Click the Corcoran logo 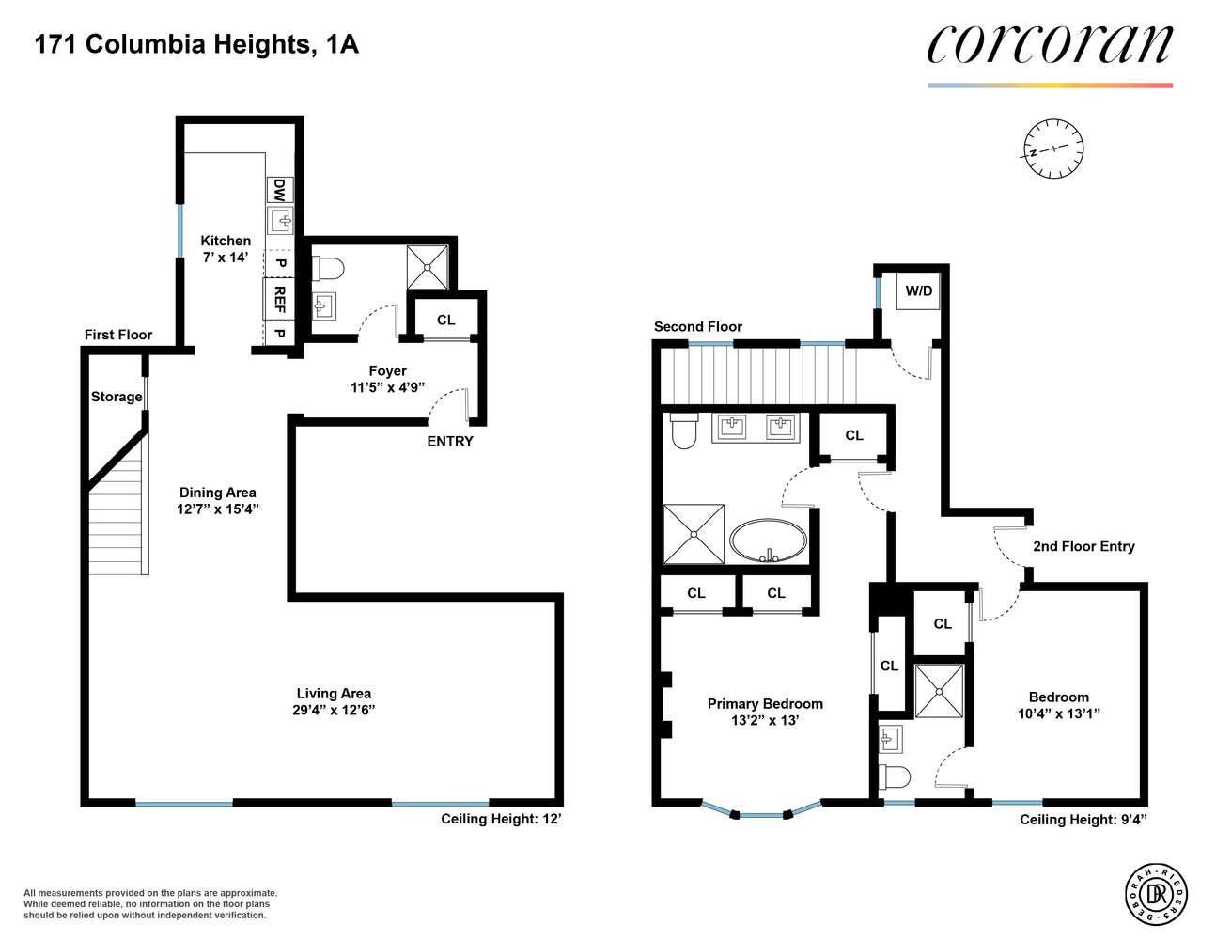click(x=1050, y=45)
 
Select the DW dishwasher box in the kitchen click(x=279, y=190)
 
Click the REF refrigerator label click(x=279, y=299)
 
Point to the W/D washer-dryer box click(x=918, y=290)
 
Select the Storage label click(x=117, y=397)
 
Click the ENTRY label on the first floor click(x=450, y=441)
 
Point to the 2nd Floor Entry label click(x=1083, y=546)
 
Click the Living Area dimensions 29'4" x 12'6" click(x=334, y=711)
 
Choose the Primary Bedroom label click(x=765, y=703)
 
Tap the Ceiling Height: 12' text click(x=501, y=819)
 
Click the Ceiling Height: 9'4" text click(x=1083, y=820)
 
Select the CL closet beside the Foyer click(x=445, y=320)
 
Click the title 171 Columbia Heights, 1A click(x=196, y=44)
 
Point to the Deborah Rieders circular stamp click(x=1156, y=893)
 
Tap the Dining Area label click(x=217, y=492)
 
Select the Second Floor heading click(x=697, y=326)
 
